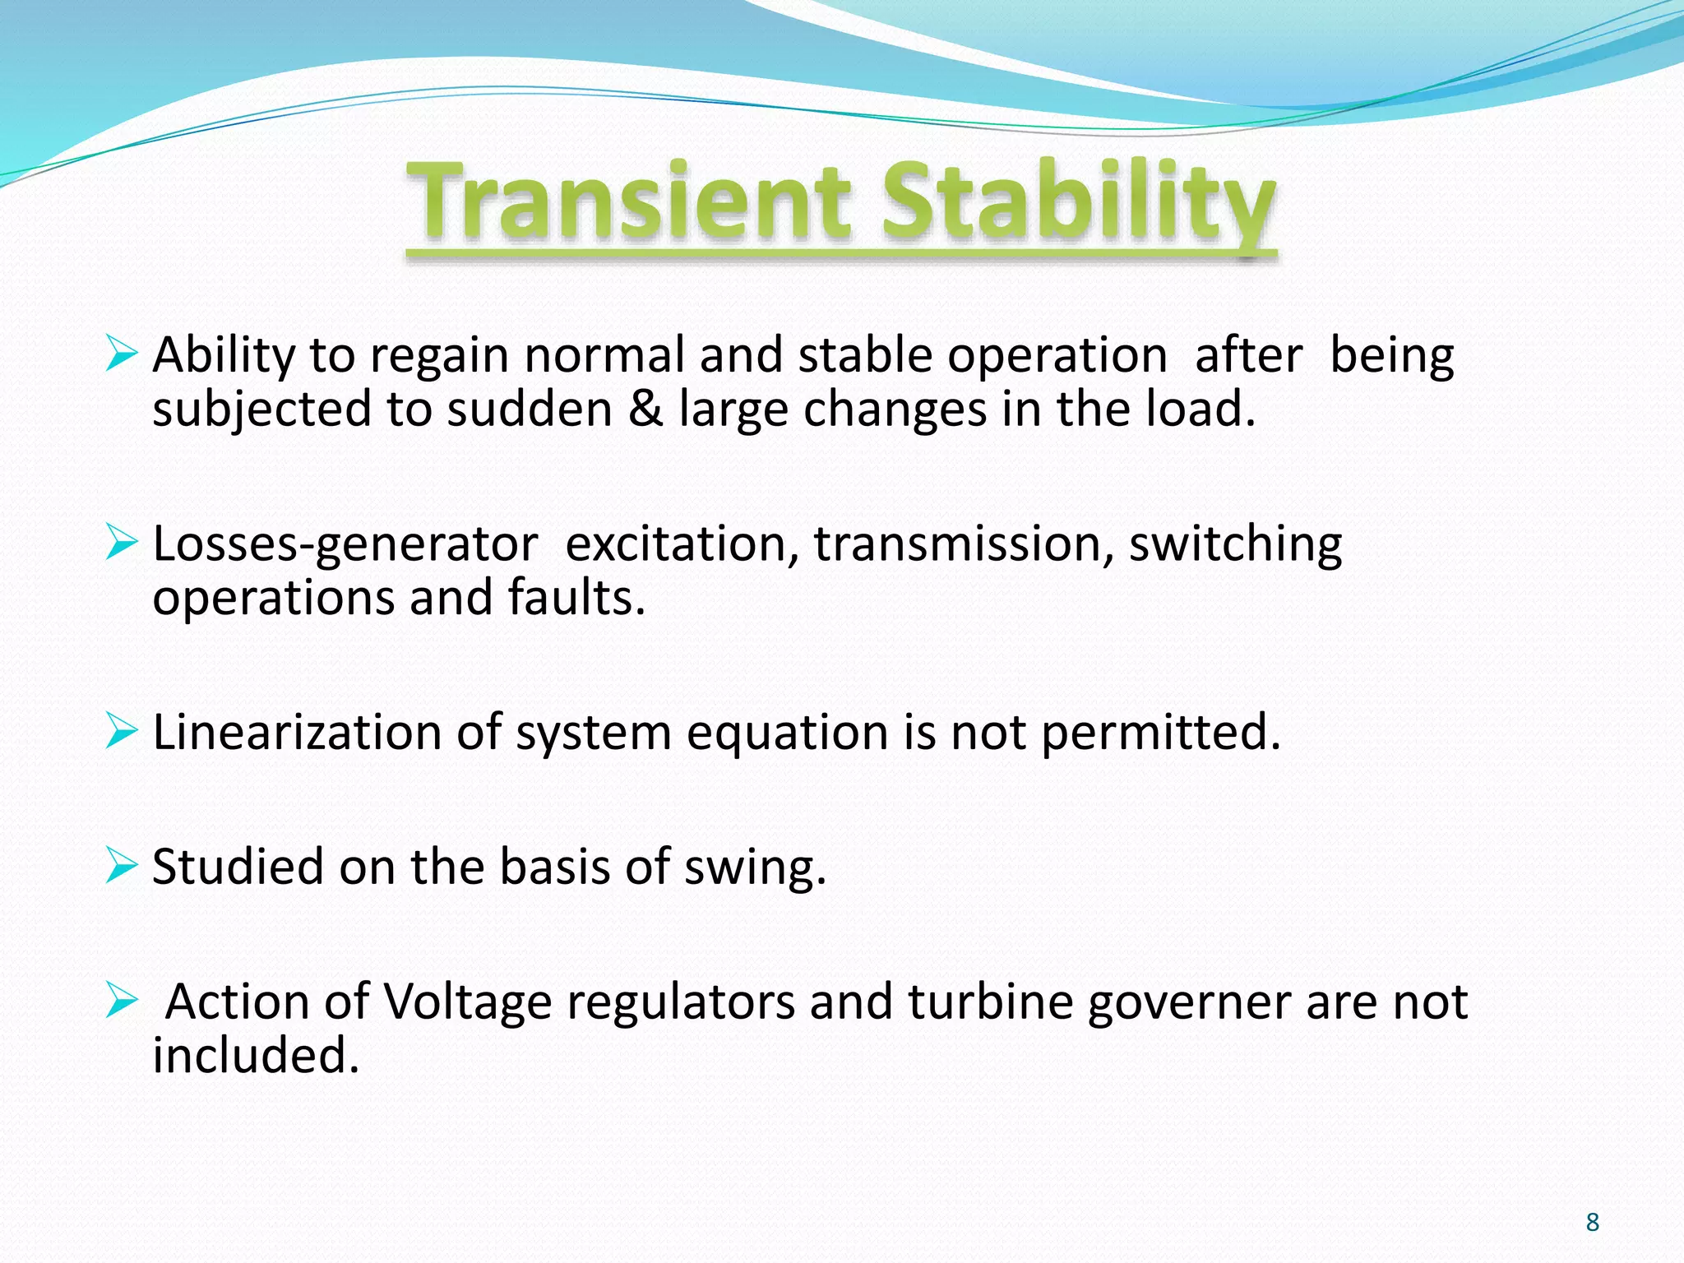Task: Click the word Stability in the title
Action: (x=1077, y=201)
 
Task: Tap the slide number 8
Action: (x=1592, y=1222)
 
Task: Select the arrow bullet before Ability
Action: (x=121, y=354)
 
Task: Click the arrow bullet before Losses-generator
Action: (x=121, y=544)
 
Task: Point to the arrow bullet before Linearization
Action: (x=121, y=731)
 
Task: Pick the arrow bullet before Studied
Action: (x=121, y=866)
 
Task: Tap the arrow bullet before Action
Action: (x=121, y=1001)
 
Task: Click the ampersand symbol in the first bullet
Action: (x=645, y=409)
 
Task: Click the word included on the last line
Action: (x=256, y=1055)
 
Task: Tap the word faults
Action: (x=576, y=597)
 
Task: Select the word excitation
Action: (x=682, y=544)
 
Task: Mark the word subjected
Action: (x=262, y=410)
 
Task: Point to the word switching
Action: (x=1235, y=545)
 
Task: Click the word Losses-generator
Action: (x=345, y=545)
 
